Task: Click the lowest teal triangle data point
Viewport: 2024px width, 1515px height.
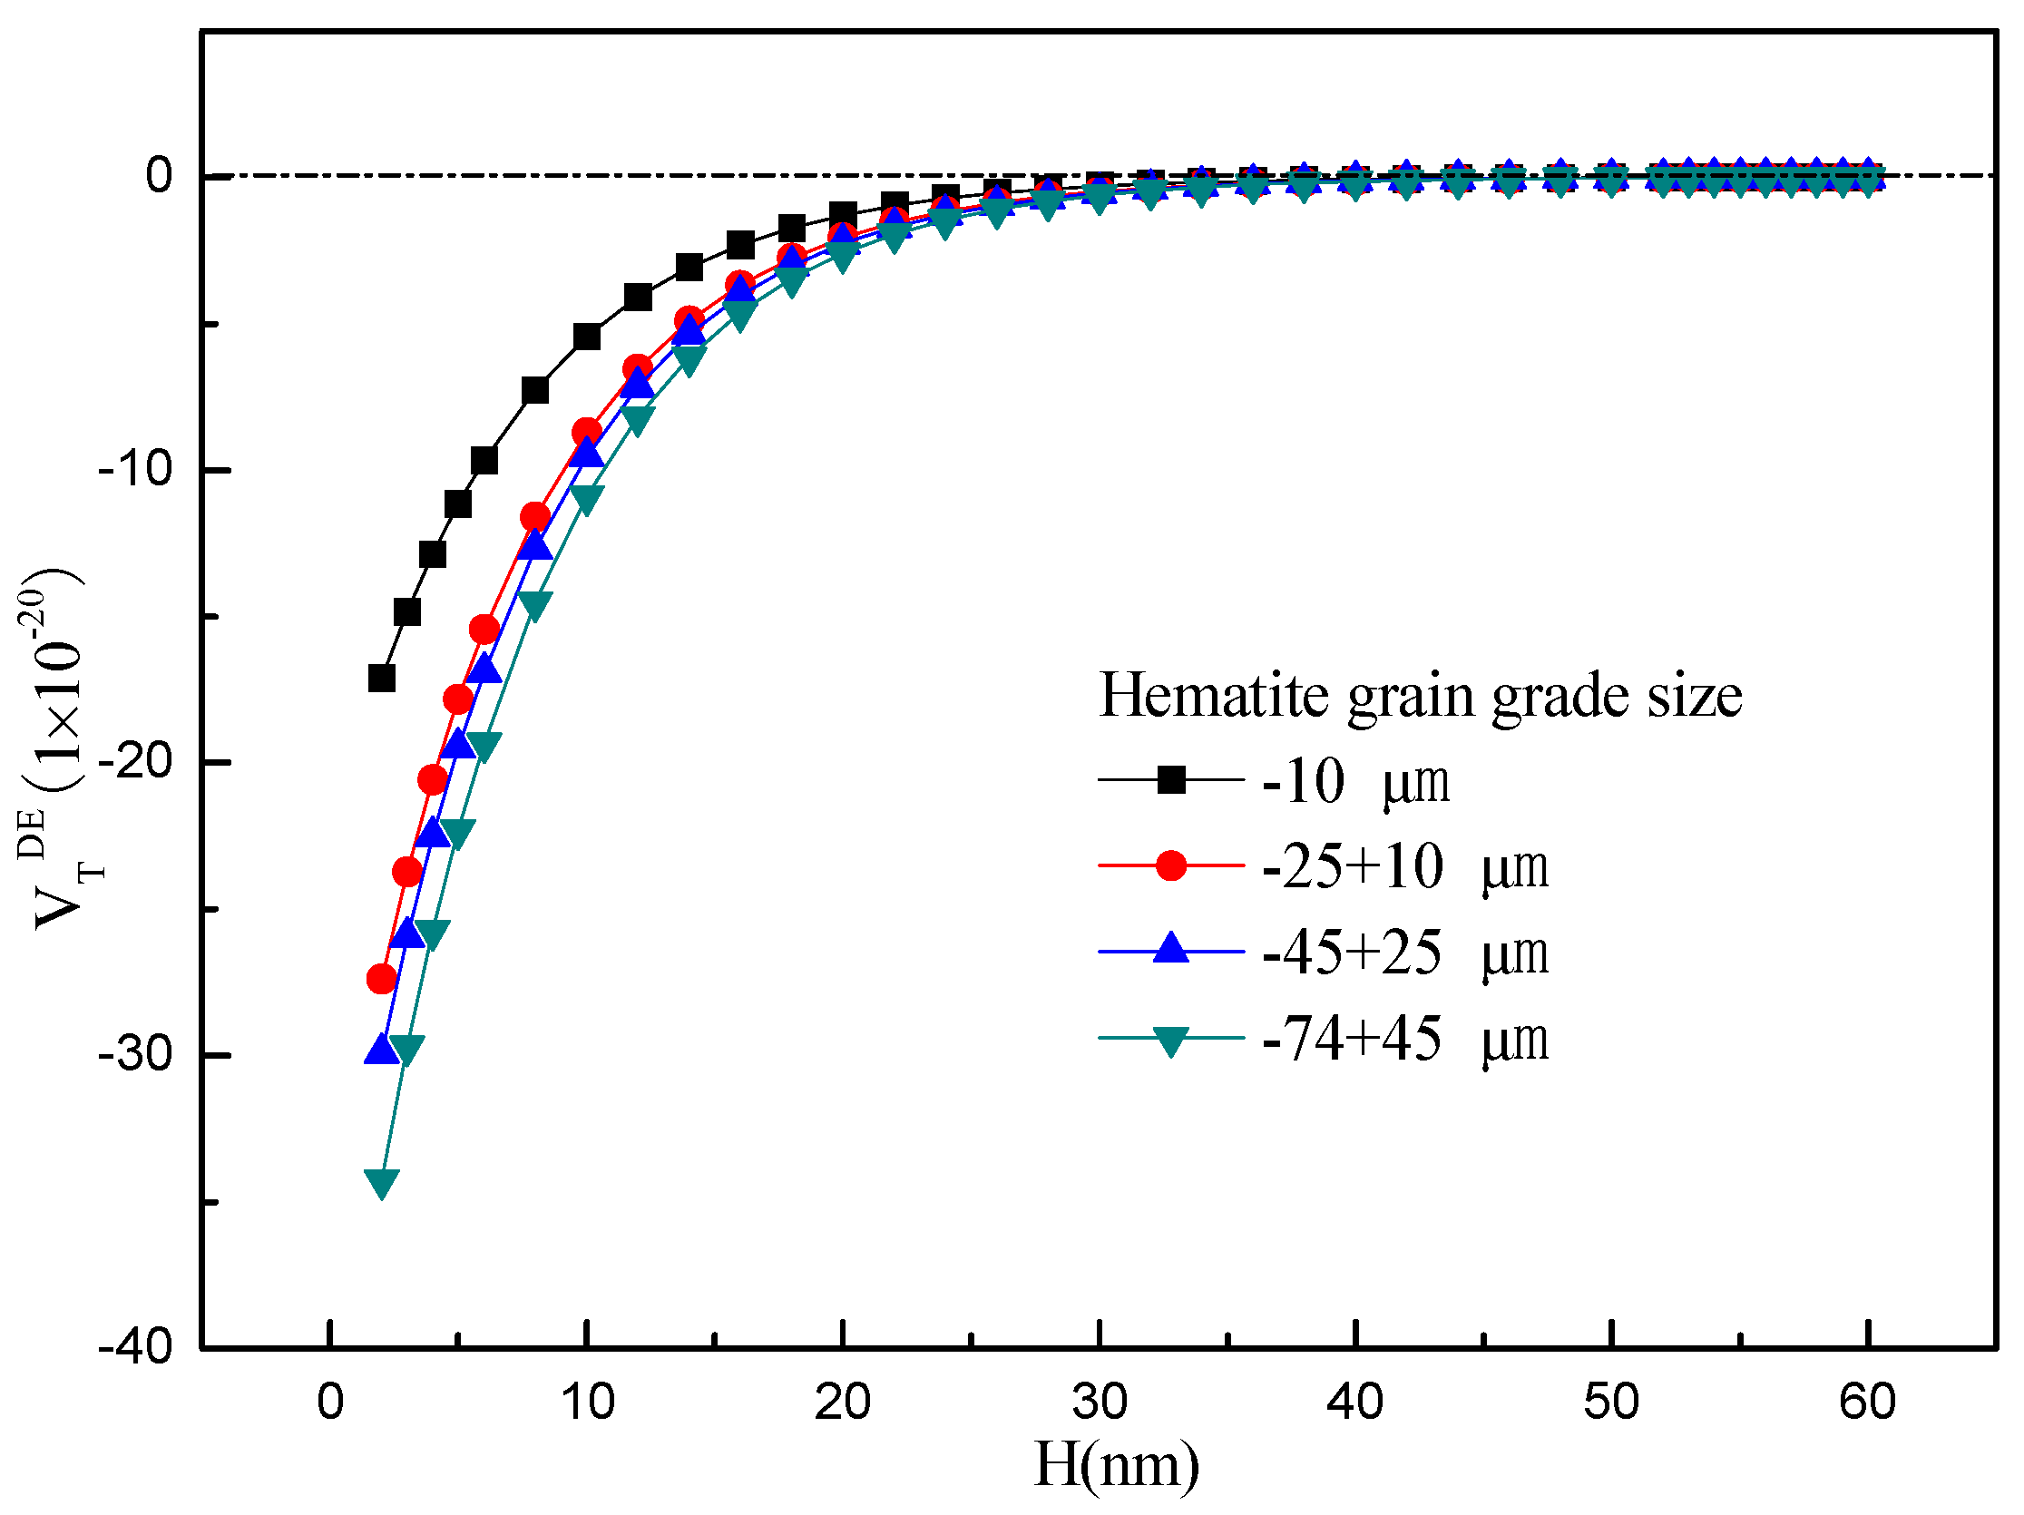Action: pos(382,1183)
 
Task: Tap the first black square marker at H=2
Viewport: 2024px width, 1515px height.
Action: pos(382,679)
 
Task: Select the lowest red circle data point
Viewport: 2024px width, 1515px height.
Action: pos(382,980)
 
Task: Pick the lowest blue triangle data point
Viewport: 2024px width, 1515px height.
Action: pos(382,1050)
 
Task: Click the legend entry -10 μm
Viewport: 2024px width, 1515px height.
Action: pos(1355,782)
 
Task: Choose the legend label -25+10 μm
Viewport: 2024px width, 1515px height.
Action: pos(1404,866)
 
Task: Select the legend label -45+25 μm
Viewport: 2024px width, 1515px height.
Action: pos(1404,953)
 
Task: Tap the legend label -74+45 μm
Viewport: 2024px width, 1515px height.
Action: pos(1404,1039)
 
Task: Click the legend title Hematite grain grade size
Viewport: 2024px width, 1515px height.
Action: pos(1419,696)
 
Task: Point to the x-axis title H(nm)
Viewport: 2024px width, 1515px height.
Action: pos(1115,1465)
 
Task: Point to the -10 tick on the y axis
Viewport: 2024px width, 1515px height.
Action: pos(135,469)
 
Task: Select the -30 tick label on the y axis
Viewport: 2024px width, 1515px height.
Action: pos(135,1055)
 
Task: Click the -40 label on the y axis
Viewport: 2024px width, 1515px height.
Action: pos(135,1346)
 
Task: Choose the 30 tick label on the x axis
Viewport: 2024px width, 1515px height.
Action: pos(1099,1402)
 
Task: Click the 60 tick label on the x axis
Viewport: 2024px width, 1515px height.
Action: pos(1868,1402)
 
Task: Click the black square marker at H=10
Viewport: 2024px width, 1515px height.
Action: pos(587,337)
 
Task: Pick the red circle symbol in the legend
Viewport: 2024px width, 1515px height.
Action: pos(1171,865)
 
